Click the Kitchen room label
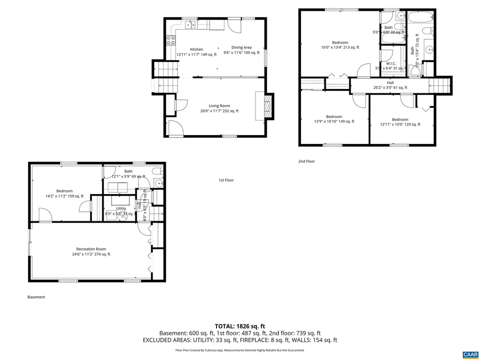pyautogui.click(x=196, y=49)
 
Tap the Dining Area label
pyautogui.click(x=241, y=47)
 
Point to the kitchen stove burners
pyautogui.click(x=171, y=40)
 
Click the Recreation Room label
pyautogui.click(x=91, y=249)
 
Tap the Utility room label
pyautogui.click(x=121, y=209)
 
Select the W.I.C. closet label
pyautogui.click(x=389, y=64)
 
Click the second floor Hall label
pyautogui.click(x=390, y=82)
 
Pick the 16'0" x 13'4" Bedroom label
pyautogui.click(x=340, y=43)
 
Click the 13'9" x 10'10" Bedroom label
pyautogui.click(x=334, y=117)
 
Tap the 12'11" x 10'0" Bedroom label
pyautogui.click(x=400, y=120)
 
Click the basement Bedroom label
pyautogui.click(x=64, y=191)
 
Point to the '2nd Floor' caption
pyautogui.click(x=307, y=161)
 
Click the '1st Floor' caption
pyautogui.click(x=226, y=180)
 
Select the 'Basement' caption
pyautogui.click(x=36, y=297)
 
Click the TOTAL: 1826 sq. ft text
pyautogui.click(x=240, y=326)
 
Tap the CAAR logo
pyautogui.click(x=469, y=354)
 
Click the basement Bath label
pyautogui.click(x=128, y=172)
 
